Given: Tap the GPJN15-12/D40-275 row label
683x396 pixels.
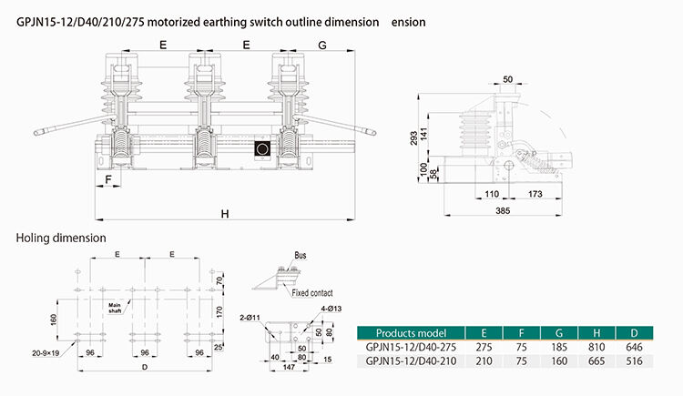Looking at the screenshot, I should [410, 347].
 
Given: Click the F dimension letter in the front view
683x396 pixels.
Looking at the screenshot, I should [108, 180].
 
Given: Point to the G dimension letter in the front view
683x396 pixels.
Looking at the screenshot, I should [323, 44].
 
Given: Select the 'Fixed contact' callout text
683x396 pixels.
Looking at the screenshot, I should [312, 293].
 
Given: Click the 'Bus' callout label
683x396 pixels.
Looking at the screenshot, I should [301, 256].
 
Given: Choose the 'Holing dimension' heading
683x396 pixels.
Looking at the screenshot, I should [61, 238].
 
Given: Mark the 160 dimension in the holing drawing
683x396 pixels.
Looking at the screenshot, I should [54, 319].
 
